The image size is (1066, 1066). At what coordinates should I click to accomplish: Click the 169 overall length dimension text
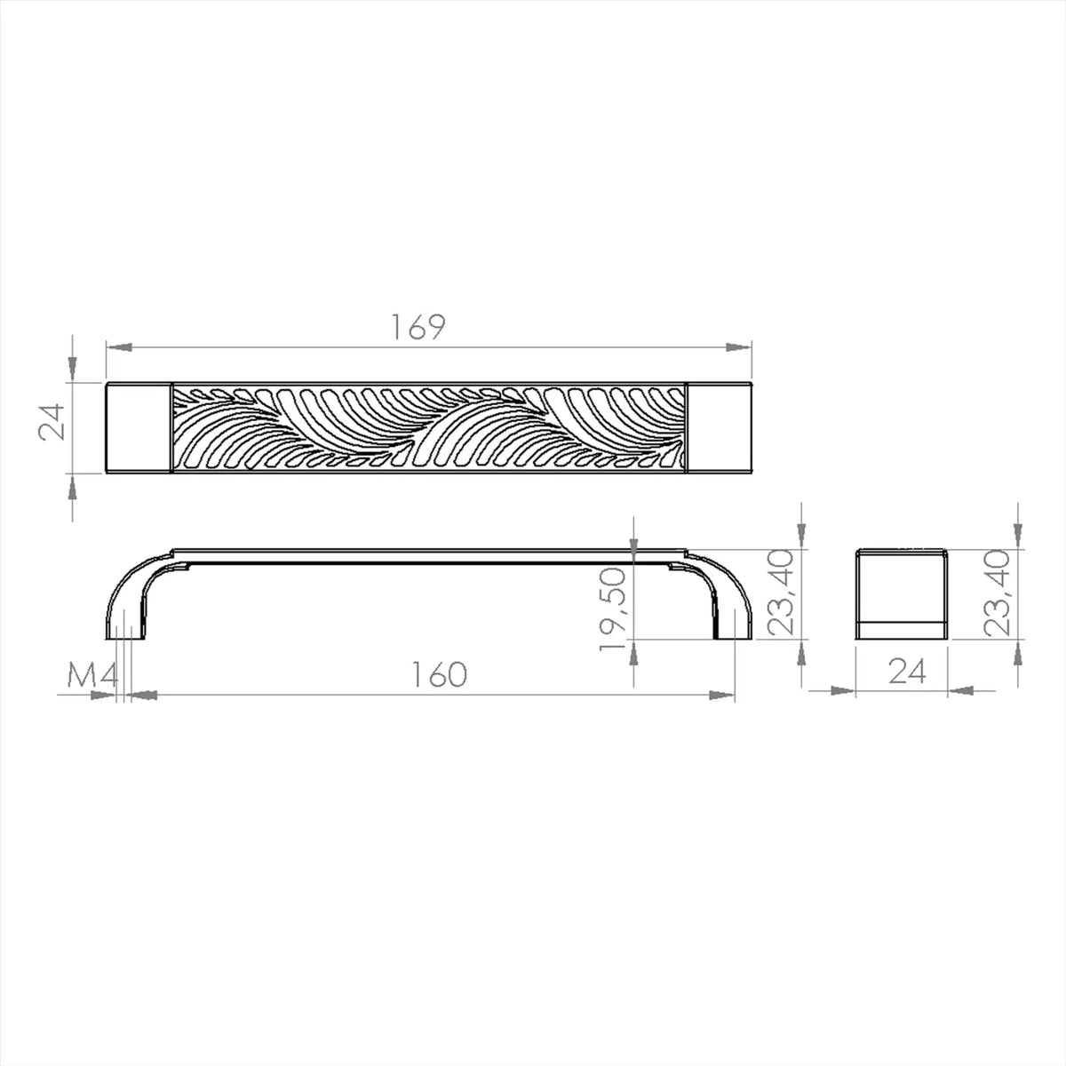418,327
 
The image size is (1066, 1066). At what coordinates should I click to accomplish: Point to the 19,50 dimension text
613,609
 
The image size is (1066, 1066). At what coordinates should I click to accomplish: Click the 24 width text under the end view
907,672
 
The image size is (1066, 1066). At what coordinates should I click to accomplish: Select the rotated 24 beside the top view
52,422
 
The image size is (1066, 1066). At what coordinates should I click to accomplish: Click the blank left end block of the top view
139,427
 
